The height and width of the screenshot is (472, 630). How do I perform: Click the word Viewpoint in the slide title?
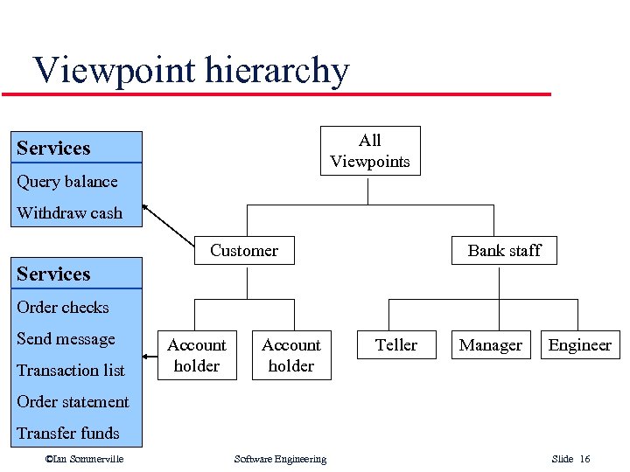point(116,70)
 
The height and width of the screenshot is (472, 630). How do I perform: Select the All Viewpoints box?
point(369,150)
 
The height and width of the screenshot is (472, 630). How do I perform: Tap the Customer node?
point(243,250)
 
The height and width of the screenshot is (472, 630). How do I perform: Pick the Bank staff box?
point(504,250)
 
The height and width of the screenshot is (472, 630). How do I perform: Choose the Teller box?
point(396,345)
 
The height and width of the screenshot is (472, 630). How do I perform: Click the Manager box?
point(490,345)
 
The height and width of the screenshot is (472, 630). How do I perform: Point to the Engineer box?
point(579,345)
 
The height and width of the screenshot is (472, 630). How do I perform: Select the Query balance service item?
point(66,182)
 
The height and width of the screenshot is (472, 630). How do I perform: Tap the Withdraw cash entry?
point(69,212)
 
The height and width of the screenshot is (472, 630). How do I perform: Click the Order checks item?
point(62,307)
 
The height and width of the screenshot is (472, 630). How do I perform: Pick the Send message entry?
point(66,338)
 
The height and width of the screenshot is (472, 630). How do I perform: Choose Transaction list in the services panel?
point(70,370)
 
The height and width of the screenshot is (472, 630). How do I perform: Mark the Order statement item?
point(73,401)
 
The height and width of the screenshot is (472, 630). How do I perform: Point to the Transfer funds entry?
point(67,433)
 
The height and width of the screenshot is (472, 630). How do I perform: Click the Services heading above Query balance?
point(53,148)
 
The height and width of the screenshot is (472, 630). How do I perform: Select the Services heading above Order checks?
point(53,274)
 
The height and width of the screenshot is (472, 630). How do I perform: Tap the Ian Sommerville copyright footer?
point(84,459)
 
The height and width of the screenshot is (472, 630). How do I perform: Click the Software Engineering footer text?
point(280,459)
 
